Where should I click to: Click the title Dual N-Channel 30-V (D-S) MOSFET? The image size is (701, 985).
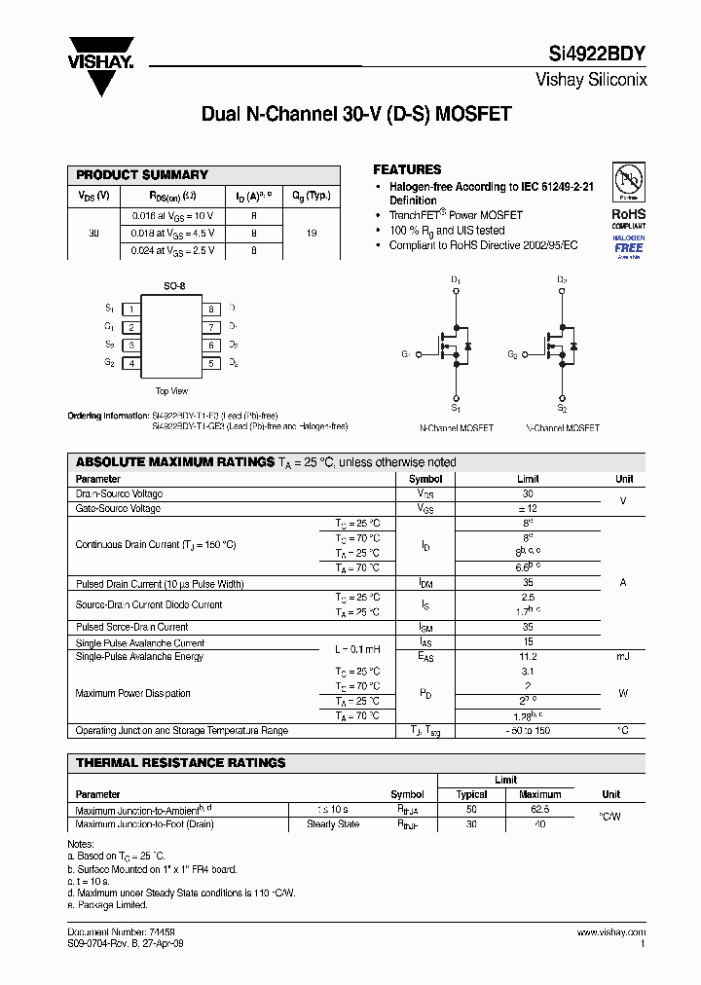[x=356, y=114]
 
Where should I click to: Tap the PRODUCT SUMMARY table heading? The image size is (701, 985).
[x=142, y=174]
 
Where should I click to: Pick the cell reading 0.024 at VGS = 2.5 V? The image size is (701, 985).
[x=171, y=251]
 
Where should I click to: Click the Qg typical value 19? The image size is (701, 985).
[x=311, y=234]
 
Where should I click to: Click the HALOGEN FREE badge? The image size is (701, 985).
[x=629, y=244]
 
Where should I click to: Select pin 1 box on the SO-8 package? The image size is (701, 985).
[x=130, y=309]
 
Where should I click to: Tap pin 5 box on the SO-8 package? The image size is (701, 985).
[x=210, y=364]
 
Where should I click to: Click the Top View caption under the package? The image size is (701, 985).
[x=171, y=391]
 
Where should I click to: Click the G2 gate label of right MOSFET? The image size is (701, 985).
[x=512, y=356]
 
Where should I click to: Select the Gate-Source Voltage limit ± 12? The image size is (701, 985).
[x=528, y=509]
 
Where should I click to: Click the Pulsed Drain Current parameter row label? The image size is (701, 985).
[x=160, y=584]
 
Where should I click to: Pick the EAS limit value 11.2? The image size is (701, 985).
[x=528, y=657]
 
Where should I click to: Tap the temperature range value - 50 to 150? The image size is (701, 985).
[x=528, y=731]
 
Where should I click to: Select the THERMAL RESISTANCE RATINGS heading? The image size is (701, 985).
[x=180, y=763]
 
